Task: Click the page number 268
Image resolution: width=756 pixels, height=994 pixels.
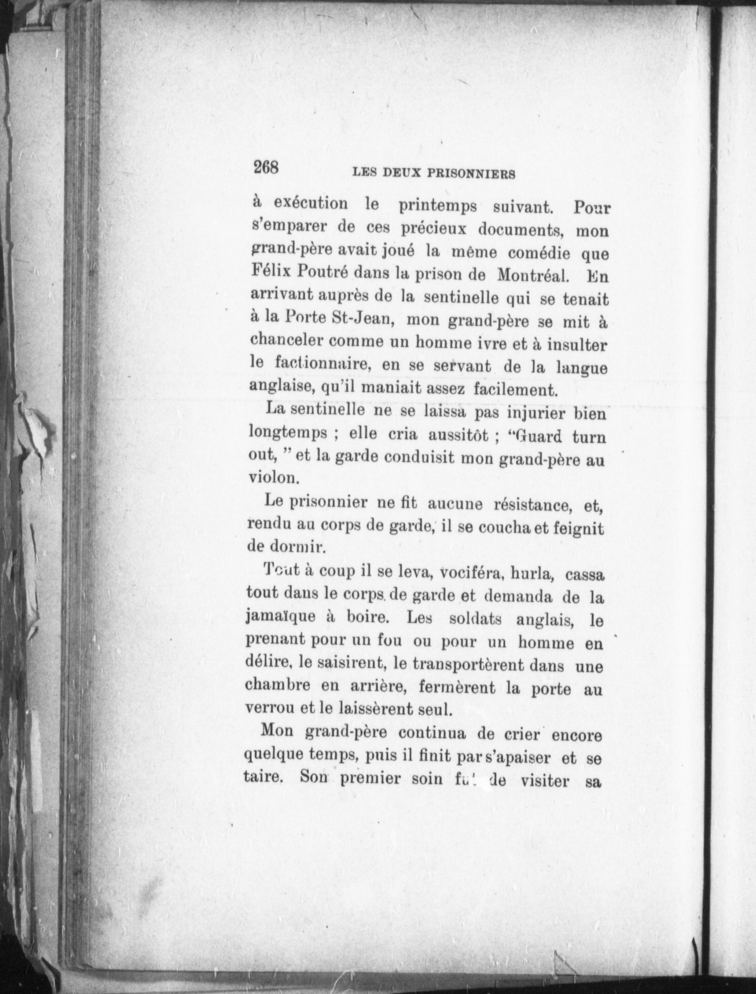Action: [x=266, y=167]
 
